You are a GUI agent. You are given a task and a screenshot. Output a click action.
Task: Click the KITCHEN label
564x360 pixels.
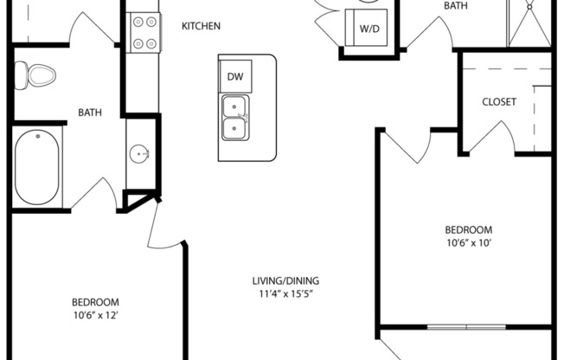coord(201,26)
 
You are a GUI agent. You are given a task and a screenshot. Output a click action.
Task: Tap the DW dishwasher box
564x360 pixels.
coord(235,76)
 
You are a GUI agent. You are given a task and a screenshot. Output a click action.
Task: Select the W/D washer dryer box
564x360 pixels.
coord(369,29)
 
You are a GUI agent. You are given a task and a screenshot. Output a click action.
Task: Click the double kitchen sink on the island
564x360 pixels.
coord(235,118)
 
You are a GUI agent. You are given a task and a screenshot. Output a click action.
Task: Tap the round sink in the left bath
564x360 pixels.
coord(139,155)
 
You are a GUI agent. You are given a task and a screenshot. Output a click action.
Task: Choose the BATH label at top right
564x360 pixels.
coord(456,6)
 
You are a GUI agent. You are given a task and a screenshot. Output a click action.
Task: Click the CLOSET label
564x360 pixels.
coord(499,102)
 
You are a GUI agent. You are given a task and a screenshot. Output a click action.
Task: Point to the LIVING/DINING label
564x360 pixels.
coord(285,280)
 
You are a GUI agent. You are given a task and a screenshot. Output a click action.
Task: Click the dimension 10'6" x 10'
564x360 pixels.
coord(468,243)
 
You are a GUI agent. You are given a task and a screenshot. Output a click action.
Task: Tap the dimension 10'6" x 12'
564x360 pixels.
coord(94,316)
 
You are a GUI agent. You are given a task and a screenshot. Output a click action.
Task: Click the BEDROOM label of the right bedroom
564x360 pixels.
coord(468,229)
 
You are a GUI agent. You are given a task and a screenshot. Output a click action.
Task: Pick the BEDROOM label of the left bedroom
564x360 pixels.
coord(94,302)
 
